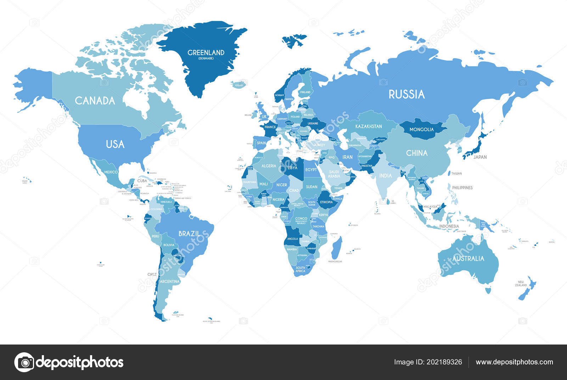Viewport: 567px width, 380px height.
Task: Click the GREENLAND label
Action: (206, 53)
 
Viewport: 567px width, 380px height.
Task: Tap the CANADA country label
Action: (95, 101)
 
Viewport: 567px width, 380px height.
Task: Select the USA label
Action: (115, 144)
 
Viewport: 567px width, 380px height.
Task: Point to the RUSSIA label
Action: (406, 94)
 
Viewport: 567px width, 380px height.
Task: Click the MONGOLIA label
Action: (421, 130)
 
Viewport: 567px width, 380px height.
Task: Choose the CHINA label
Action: (417, 153)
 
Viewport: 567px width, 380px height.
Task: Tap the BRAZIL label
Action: (189, 234)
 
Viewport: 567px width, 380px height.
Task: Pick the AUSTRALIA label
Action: (468, 258)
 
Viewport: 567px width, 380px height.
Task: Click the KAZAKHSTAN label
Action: (369, 126)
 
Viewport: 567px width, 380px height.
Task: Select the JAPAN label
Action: (480, 157)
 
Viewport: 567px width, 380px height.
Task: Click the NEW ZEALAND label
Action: (521, 283)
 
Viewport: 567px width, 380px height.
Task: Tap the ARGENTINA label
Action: (170, 281)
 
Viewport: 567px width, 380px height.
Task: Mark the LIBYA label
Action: (292, 168)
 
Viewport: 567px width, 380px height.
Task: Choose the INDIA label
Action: (386, 176)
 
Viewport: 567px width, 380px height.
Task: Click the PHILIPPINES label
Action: (462, 188)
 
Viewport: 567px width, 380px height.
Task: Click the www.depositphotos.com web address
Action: (514, 362)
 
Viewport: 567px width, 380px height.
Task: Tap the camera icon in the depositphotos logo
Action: (24, 362)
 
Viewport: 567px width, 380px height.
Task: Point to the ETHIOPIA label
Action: (326, 202)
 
